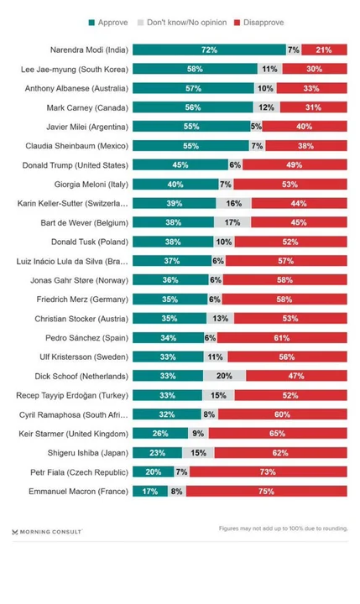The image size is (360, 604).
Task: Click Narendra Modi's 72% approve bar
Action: pos(209,49)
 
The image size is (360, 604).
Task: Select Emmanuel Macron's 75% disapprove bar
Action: pos(267,491)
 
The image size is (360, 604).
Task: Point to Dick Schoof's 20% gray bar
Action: pos(224,376)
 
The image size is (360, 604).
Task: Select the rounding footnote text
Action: pos(281,528)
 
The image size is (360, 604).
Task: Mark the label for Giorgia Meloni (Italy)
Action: pos(87,184)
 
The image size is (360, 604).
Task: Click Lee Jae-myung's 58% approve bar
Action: pos(194,69)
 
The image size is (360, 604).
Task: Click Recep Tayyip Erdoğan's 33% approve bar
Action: pos(167,395)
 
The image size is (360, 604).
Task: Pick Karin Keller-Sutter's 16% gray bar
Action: pos(233,203)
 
